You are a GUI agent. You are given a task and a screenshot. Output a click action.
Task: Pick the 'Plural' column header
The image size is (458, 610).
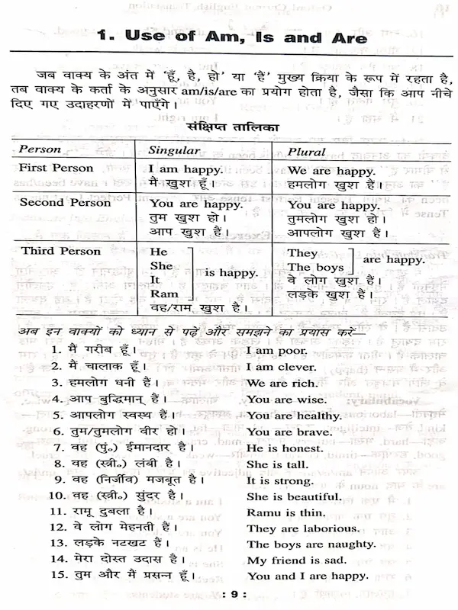tap(307, 150)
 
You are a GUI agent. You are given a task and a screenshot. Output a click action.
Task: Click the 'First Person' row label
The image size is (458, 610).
tap(56, 168)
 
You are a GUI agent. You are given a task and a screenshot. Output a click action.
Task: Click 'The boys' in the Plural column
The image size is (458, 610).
tap(310, 267)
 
